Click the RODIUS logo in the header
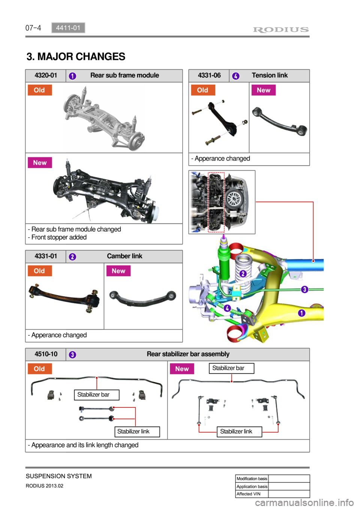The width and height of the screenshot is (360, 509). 281,30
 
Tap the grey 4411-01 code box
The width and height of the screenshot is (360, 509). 68,28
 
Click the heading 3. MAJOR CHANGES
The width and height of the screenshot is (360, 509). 76,57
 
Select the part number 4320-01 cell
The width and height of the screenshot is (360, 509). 46,76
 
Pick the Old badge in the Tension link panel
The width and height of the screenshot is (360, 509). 203,90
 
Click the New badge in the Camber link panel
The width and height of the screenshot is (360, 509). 118,271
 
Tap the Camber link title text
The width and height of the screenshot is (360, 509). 124,256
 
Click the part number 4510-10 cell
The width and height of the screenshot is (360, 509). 46,354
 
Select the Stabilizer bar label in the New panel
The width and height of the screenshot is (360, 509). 231,368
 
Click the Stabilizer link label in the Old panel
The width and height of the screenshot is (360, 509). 137,432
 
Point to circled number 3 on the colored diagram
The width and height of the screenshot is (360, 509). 304,289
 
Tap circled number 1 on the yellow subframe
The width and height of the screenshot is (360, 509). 301,313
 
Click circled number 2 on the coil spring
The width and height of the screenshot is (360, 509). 243,274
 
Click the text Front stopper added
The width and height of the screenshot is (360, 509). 57,237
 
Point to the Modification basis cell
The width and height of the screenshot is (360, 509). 252,479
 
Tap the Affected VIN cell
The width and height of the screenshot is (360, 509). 252,494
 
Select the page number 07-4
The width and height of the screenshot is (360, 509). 33,28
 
